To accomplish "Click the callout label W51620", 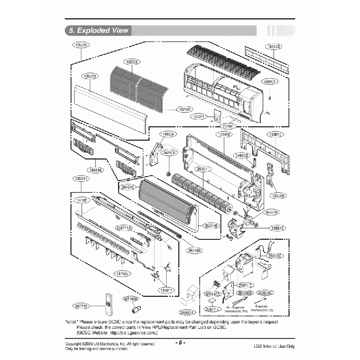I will [x=131, y=299].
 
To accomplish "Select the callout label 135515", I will [x=277, y=228].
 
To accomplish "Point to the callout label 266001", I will [x=269, y=81].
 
